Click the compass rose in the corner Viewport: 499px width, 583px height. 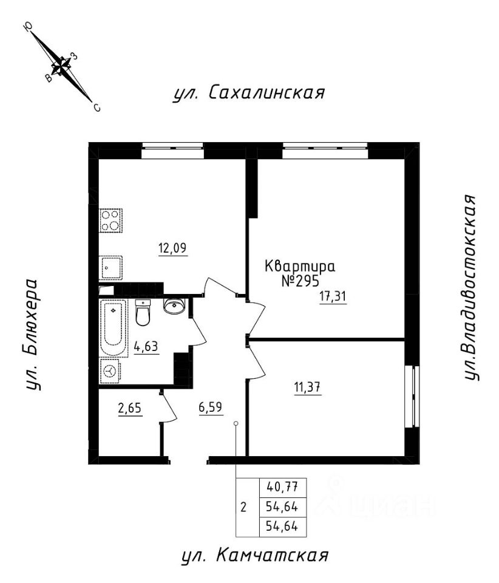[61, 65]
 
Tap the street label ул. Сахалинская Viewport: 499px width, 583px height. [249, 93]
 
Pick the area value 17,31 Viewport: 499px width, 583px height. [333, 297]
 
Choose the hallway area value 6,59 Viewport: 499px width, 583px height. [211, 408]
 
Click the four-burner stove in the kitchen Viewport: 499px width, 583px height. [111, 220]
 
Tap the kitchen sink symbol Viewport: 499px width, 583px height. [111, 267]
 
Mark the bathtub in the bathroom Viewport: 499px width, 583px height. [114, 328]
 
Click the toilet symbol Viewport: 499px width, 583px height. [143, 313]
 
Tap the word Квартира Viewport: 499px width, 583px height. [300, 266]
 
